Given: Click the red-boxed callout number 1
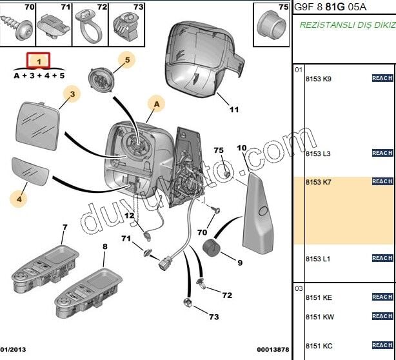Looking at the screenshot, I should click(39, 61).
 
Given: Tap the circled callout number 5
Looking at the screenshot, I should click(127, 61).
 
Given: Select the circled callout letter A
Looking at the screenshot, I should click(155, 103).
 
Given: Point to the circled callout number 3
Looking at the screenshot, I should click(72, 95).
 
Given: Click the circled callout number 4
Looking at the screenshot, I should click(19, 199).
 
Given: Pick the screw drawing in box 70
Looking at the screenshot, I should click(18, 27).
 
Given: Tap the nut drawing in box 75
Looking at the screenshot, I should click(270, 26).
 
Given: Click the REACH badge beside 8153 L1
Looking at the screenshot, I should click(382, 258).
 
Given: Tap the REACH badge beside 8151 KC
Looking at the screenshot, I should click(382, 345).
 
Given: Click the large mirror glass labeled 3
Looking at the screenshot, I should click(37, 126).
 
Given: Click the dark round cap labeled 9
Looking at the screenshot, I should click(212, 249).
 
